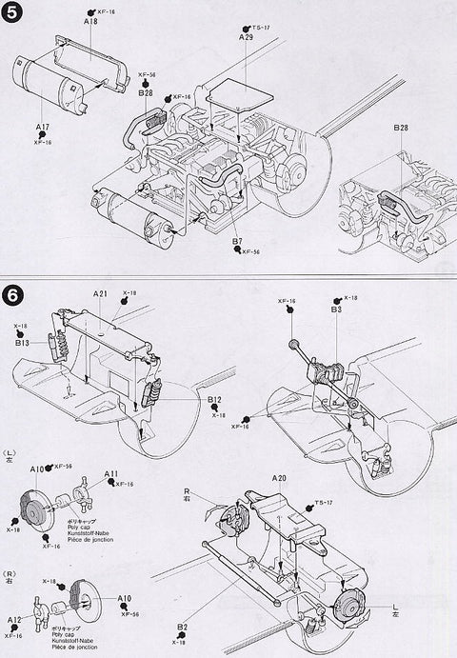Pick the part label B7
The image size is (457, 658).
tap(237, 243)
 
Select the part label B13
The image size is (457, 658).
tap(22, 343)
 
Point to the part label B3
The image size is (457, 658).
tap(336, 309)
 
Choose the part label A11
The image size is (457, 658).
tap(110, 474)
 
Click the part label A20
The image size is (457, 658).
tap(279, 477)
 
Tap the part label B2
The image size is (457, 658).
tap(180, 626)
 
